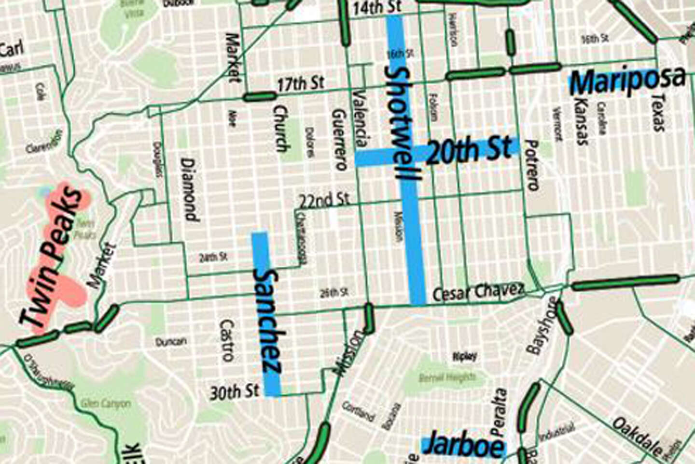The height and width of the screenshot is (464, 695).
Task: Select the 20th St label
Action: tap(469, 150)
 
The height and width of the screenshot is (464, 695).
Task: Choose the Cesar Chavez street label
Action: tap(478, 292)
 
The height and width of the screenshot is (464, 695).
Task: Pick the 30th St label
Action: tap(234, 392)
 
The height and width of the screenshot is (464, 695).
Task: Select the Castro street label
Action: tap(226, 340)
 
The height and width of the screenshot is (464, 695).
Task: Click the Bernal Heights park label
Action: tap(447, 377)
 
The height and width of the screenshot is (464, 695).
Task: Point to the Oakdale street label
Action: tap(638, 437)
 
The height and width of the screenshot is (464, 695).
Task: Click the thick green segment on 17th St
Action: tap(259, 97)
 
